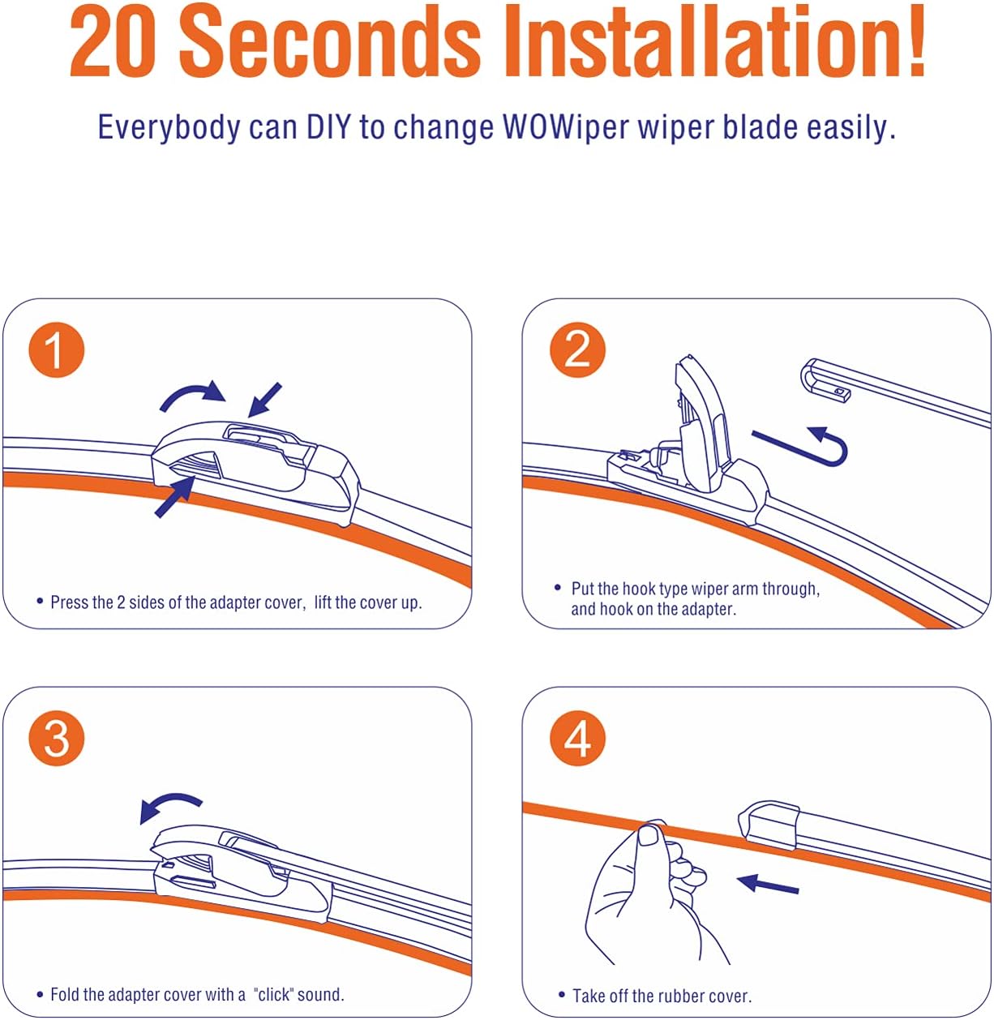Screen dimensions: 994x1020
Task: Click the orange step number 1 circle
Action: [x=56, y=349]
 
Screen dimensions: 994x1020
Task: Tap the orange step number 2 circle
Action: [x=577, y=349]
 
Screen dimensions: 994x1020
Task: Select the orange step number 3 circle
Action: [x=56, y=739]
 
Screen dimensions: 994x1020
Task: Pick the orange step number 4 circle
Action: [x=577, y=739]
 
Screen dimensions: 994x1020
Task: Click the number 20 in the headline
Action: [x=113, y=41]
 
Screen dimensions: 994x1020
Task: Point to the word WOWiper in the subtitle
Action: [x=566, y=127]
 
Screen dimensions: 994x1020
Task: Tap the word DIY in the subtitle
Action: [x=328, y=127]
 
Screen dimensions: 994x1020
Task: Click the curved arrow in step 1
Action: [x=191, y=393]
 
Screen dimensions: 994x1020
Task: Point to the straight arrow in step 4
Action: [x=768, y=884]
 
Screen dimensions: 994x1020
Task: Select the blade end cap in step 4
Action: [x=769, y=825]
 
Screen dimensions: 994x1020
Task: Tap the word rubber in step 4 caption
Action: [x=687, y=996]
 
